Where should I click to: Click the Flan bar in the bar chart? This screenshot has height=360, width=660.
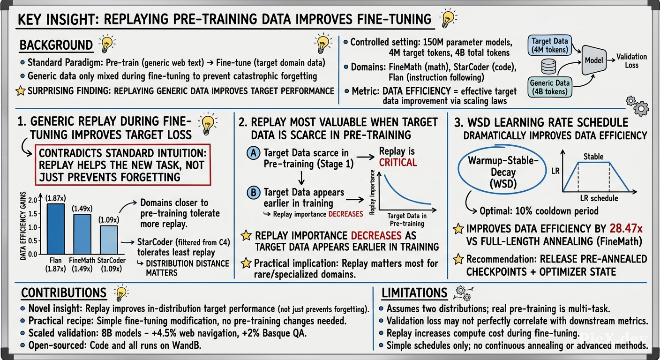click(x=56, y=229)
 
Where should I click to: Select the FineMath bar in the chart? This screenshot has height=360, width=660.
click(x=82, y=234)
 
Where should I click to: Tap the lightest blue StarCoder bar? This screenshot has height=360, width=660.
click(x=109, y=240)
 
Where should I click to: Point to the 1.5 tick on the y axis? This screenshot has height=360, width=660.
click(x=32, y=214)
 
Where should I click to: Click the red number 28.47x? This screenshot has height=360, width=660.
click(x=626, y=229)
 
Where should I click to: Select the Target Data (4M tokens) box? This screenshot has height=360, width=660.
click(x=549, y=45)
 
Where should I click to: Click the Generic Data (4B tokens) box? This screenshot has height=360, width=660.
click(x=549, y=87)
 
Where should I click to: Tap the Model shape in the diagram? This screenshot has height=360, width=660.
click(x=594, y=60)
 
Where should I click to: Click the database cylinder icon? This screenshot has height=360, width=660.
click(x=548, y=66)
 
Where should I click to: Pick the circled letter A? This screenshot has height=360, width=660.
click(x=254, y=153)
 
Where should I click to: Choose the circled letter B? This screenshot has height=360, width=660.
click(x=254, y=193)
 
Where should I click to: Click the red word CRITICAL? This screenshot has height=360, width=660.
click(x=398, y=163)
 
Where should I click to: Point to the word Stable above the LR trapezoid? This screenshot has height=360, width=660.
click(x=593, y=157)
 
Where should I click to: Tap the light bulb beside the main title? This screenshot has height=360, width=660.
click(x=448, y=18)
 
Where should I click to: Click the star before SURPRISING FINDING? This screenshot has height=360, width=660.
click(x=21, y=91)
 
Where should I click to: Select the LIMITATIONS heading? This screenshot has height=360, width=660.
click(x=414, y=293)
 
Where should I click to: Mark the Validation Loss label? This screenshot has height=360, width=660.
click(x=631, y=60)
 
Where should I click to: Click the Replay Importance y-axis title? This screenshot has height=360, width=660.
click(x=373, y=192)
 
